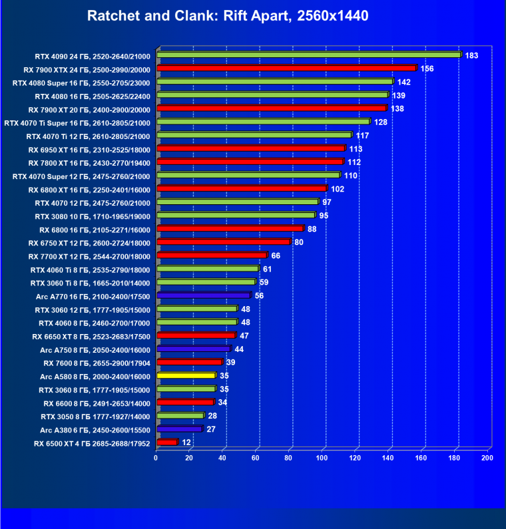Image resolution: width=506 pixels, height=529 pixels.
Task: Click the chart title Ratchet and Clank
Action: point(227,15)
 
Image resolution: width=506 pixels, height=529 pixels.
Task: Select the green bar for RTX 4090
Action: point(309,55)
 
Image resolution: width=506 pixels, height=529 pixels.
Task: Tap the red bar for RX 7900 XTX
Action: point(286,69)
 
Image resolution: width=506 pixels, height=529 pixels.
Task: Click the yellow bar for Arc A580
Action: point(186,376)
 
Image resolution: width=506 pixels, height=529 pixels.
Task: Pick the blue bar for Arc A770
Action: point(204,295)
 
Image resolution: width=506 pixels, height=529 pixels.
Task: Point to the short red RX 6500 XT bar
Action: point(166,442)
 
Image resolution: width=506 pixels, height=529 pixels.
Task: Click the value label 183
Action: point(471,55)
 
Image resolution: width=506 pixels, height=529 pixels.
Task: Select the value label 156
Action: point(427,69)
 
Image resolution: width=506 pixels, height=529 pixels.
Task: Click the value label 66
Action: point(276,256)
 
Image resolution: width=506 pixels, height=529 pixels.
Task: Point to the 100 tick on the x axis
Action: point(322,458)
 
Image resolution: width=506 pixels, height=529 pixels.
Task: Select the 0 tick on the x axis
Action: point(156,458)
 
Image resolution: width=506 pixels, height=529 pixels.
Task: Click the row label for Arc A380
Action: point(95,430)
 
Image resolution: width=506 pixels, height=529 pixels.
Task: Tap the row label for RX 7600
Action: point(97,363)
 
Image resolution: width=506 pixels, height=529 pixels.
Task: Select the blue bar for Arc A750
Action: point(194,349)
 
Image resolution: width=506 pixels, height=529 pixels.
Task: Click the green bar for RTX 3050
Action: point(180,416)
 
